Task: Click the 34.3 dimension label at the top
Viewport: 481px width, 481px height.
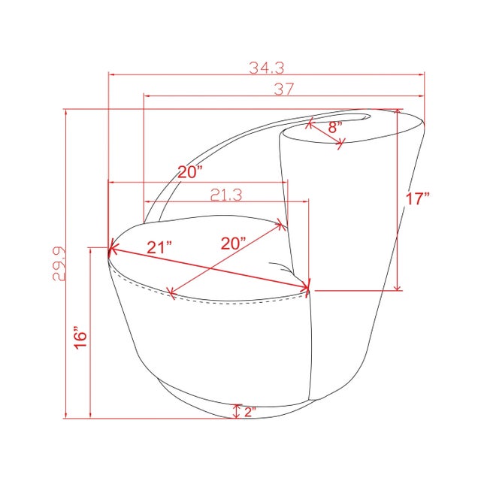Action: [x=267, y=68]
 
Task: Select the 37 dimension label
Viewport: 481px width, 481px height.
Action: [x=284, y=89]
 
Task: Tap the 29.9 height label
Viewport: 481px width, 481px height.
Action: [x=59, y=264]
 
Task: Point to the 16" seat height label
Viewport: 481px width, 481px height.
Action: [x=80, y=340]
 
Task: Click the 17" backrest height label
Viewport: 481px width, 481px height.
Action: [x=418, y=198]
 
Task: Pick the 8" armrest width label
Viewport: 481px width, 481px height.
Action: [x=335, y=127]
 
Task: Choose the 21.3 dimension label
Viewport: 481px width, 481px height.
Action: [x=226, y=195]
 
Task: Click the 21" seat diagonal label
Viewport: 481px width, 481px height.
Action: [x=159, y=247]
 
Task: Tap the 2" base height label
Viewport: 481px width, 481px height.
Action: [x=250, y=412]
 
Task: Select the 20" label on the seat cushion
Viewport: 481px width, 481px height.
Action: [x=234, y=244]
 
